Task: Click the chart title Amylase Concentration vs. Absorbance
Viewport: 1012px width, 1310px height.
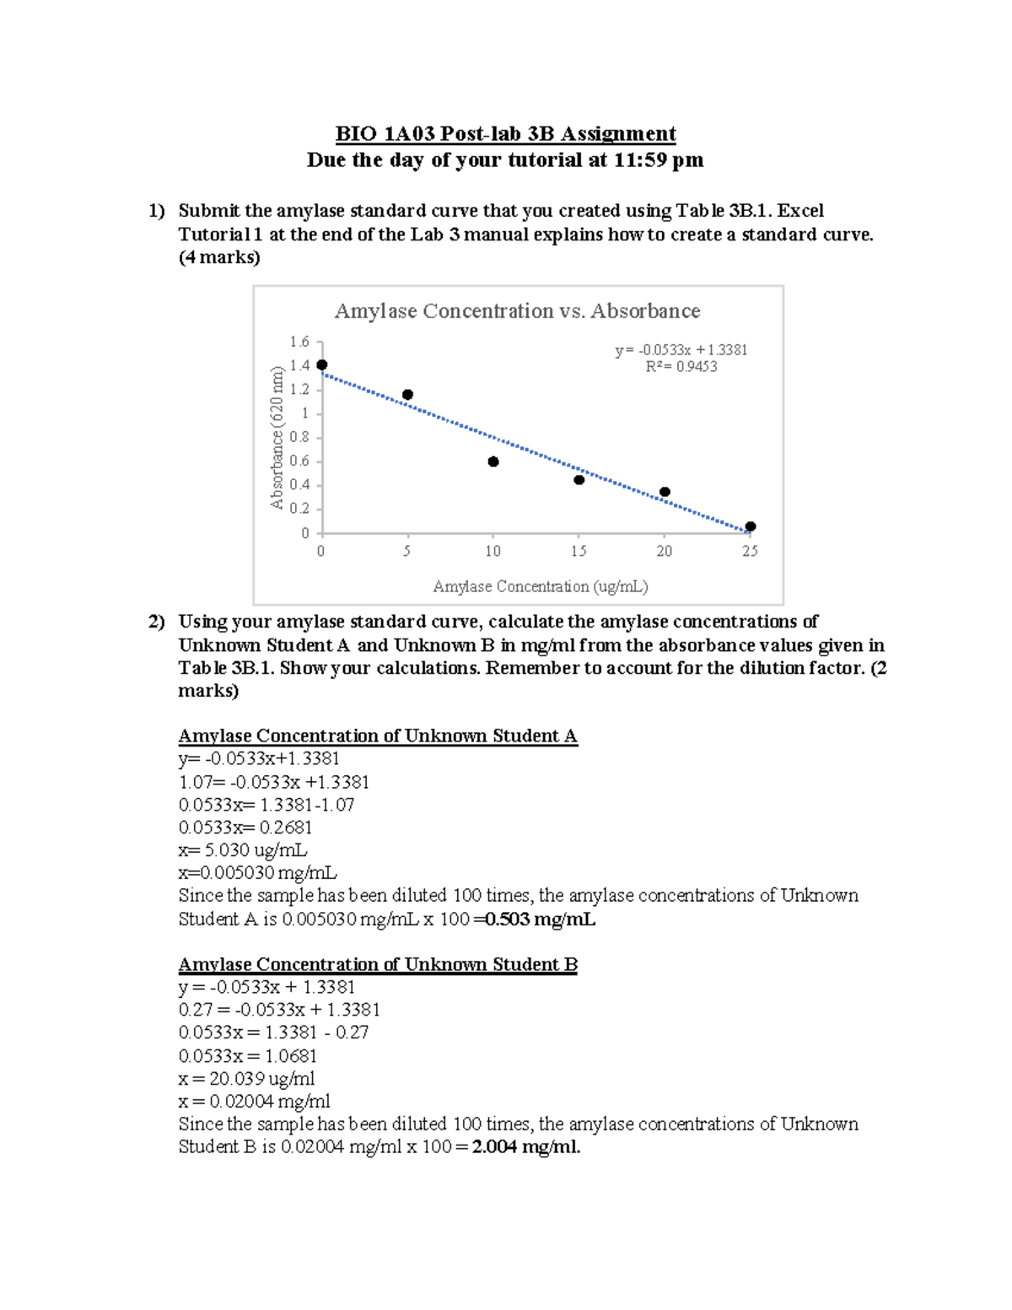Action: coord(517,311)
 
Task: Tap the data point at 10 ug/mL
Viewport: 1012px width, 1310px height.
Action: coord(493,461)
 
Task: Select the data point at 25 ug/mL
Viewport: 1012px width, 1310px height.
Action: coord(751,526)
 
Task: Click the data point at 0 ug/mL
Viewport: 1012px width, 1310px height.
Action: coord(321,364)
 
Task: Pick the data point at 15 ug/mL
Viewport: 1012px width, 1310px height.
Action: coord(579,480)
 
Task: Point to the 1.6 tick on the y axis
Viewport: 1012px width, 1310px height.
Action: coord(299,342)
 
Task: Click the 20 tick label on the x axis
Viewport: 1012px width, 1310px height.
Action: coord(665,552)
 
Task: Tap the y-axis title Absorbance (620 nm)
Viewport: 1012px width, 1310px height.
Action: coord(276,438)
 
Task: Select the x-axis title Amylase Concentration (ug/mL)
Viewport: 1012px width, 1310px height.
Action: coord(540,586)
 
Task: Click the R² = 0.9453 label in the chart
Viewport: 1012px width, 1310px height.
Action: coord(681,367)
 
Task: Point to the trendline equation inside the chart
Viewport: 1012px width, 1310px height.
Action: coord(681,349)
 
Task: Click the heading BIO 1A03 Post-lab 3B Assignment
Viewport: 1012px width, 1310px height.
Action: coord(505,134)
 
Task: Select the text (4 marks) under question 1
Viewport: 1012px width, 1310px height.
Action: coord(219,257)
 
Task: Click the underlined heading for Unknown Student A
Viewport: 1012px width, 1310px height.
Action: coord(378,736)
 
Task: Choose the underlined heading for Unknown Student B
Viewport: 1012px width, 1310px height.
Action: coord(378,964)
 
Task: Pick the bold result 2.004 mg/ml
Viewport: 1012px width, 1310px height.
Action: coord(526,1147)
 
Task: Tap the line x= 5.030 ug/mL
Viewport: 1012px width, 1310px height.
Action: coord(243,850)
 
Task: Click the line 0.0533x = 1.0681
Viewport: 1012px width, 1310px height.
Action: coord(248,1056)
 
